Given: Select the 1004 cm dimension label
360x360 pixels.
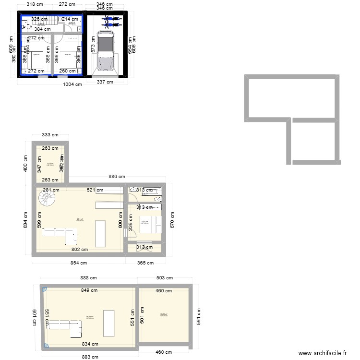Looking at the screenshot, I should point(72,84).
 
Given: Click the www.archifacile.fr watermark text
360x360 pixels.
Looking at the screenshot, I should point(322,353).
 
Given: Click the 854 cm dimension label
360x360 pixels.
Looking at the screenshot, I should point(79,263).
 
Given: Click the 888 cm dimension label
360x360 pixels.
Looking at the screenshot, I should point(89,277).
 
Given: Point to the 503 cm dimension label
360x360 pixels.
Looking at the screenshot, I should point(164,277).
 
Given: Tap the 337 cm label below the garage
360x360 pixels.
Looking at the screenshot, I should point(105,82).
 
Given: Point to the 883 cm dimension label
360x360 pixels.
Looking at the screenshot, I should point(89,357).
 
